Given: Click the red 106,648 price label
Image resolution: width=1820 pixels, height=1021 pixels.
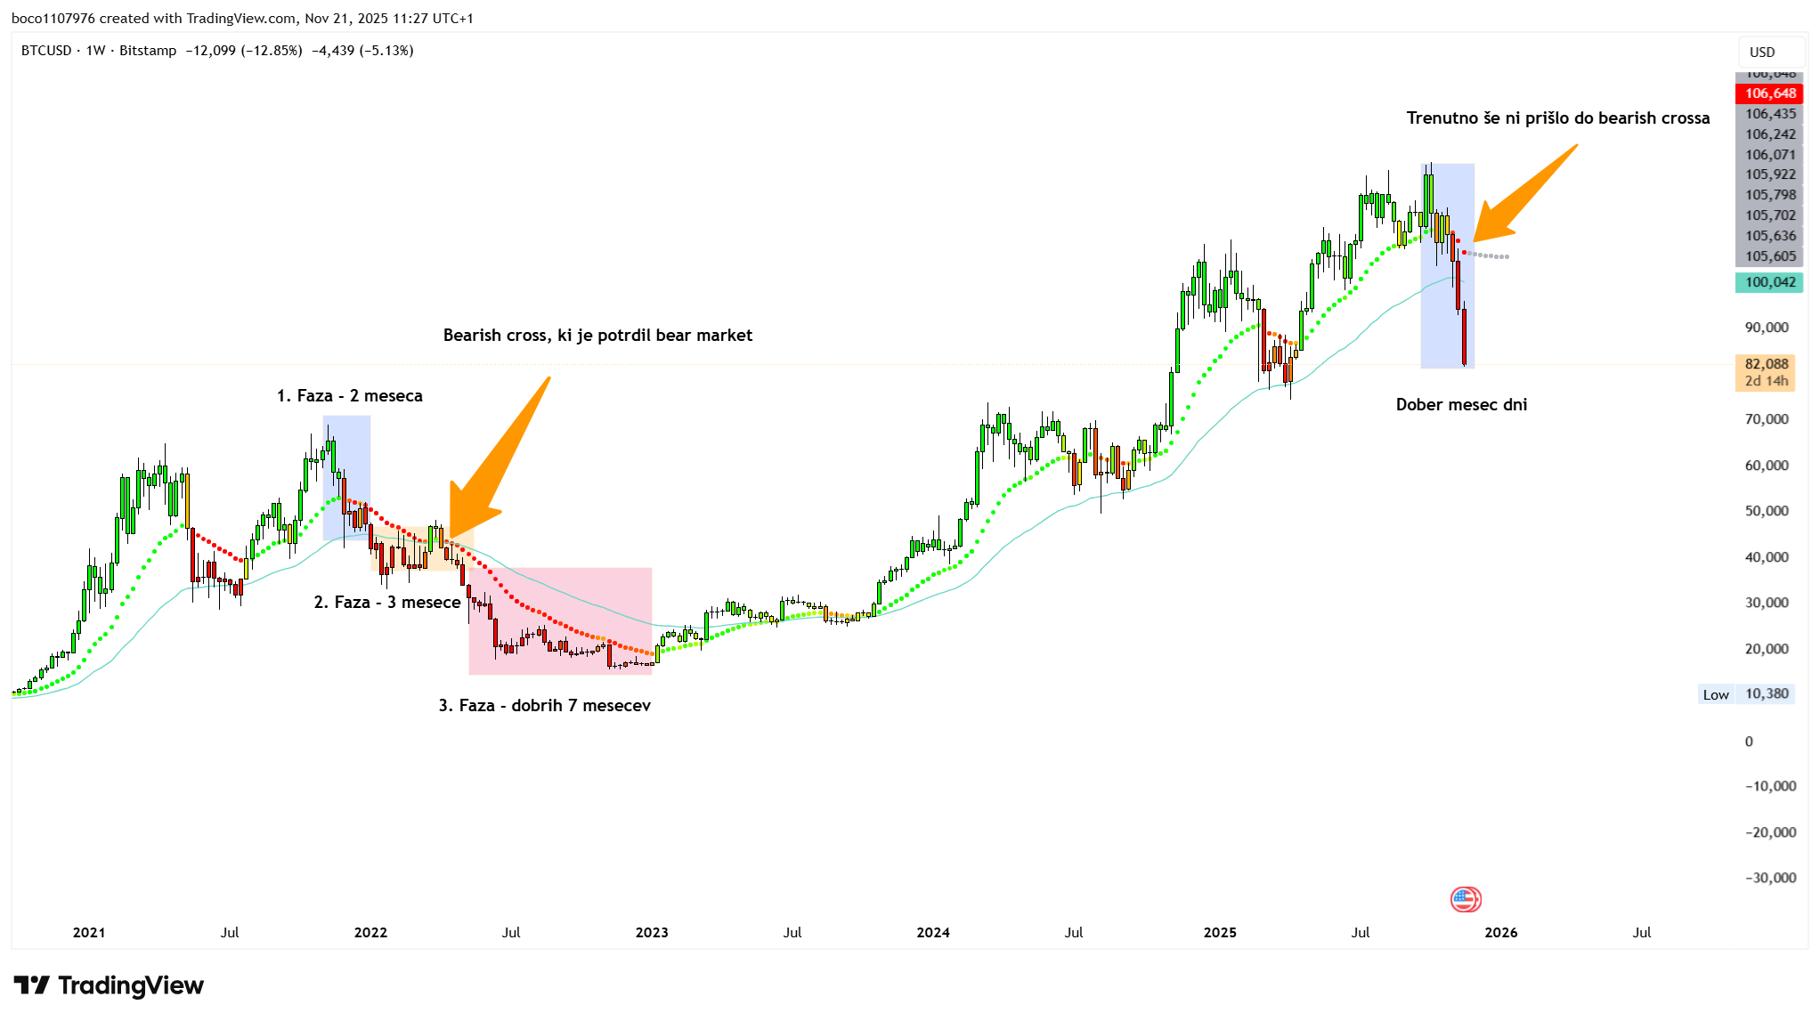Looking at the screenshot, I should [1769, 93].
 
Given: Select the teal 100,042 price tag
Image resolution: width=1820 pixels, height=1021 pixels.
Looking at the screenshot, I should [1769, 282].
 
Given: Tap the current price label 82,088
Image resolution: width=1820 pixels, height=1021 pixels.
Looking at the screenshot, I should [1766, 364].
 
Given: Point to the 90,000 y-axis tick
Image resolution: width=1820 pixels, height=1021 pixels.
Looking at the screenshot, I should [1766, 328].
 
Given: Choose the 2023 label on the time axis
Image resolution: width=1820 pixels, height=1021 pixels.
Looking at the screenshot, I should [652, 932].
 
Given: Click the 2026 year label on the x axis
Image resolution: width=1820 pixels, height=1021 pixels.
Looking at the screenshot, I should [1501, 932].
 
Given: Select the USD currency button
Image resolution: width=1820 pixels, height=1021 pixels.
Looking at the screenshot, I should [1762, 52].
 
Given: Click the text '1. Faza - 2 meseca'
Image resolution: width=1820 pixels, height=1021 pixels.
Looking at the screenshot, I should [349, 396].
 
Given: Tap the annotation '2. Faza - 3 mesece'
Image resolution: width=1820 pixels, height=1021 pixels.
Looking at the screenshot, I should [387, 603].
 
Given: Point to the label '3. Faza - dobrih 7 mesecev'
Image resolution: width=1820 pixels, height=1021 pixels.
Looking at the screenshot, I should [544, 706].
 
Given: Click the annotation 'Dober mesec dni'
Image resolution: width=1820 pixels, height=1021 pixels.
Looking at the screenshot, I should [1461, 405].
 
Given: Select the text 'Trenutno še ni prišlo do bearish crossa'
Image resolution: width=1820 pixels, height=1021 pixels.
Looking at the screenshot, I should [1557, 118].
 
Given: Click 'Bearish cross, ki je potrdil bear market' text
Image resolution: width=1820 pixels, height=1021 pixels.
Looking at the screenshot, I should [597, 336].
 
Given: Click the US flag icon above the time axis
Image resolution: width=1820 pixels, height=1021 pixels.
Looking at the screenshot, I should [1465, 899].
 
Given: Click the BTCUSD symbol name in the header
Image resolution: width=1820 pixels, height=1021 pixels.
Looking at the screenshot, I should [46, 51].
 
